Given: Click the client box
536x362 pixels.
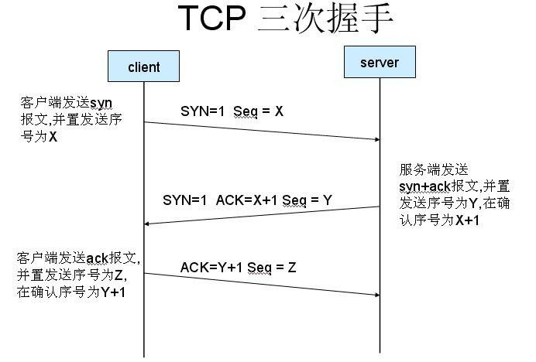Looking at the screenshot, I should [x=143, y=67].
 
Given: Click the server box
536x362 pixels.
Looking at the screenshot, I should [x=380, y=63].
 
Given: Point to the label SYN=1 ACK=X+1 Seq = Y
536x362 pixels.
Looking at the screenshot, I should [x=247, y=200].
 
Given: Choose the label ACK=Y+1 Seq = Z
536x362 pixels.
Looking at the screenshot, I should [x=238, y=268].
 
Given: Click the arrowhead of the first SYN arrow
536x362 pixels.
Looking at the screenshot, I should [x=376, y=139].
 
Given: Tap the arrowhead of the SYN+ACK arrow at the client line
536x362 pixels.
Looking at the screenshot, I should [x=149, y=224].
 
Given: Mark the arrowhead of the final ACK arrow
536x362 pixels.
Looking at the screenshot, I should [x=376, y=295].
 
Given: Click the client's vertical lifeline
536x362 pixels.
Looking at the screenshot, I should [x=144, y=325].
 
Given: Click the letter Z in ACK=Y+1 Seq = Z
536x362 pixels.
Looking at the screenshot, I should [x=291, y=268].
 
